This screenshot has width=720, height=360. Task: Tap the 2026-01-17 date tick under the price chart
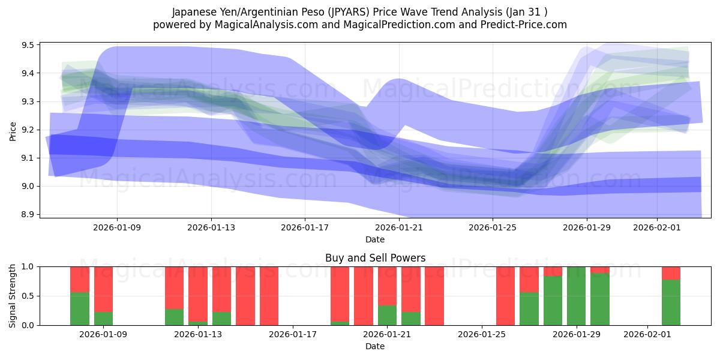pos(305,227)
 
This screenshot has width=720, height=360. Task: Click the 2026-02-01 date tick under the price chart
pos(656,227)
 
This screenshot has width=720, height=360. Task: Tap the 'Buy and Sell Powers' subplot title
pos(375,258)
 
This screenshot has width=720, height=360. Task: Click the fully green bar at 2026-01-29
pos(576,296)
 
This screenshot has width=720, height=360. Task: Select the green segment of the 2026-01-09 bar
pos(103,319)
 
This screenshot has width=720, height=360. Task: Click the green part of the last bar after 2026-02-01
pos(671,302)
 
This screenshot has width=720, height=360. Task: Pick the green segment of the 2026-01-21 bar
pos(387,316)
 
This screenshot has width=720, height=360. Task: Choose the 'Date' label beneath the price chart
pos(375,239)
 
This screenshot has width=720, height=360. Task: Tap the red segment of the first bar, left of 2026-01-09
pos(80,279)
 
